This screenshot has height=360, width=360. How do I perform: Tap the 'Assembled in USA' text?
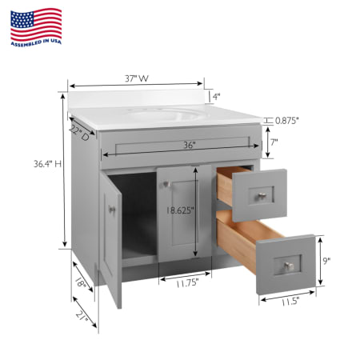(x=36, y=42)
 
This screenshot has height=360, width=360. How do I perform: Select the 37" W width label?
(x=137, y=78)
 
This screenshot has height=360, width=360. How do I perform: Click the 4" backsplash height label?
(x=216, y=97)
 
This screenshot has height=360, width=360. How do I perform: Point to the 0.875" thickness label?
(x=286, y=121)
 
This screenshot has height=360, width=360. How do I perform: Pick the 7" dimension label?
(x=274, y=142)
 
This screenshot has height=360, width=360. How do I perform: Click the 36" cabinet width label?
(x=190, y=145)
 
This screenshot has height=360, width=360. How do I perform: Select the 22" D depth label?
(x=79, y=133)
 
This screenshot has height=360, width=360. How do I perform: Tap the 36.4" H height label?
(x=47, y=164)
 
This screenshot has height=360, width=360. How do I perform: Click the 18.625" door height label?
(x=179, y=210)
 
